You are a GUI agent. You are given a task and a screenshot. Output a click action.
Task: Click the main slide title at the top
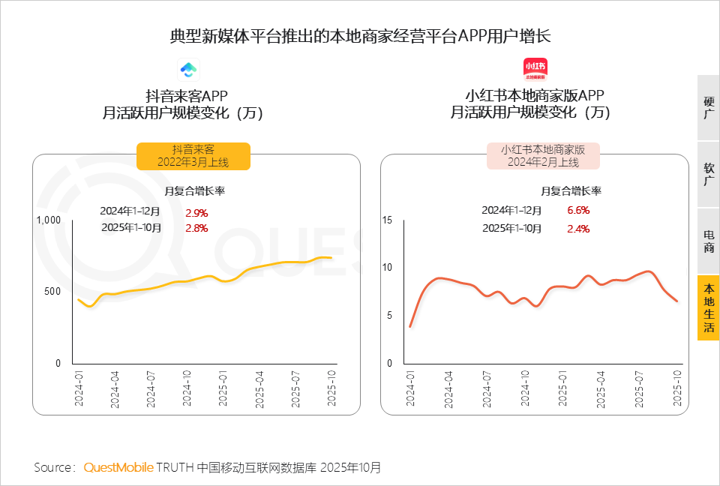point(360,35)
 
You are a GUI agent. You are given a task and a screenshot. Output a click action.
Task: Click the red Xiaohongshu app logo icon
point(534,70)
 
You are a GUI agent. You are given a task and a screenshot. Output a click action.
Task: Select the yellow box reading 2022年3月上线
point(193,156)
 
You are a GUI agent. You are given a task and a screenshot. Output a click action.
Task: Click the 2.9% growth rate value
point(196,212)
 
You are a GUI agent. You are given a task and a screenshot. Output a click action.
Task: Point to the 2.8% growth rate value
point(196,228)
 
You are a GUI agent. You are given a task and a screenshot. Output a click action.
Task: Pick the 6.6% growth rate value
point(578,210)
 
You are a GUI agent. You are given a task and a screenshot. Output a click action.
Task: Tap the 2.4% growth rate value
point(578,228)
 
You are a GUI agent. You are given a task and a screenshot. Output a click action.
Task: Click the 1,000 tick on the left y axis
point(48,220)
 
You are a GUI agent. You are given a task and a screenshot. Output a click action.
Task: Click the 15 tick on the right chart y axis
point(387,220)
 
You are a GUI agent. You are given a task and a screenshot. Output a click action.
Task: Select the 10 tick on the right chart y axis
point(387,268)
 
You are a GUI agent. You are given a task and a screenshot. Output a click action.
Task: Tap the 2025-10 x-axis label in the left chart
point(331,388)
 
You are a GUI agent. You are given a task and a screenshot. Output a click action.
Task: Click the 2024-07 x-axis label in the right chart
point(486,388)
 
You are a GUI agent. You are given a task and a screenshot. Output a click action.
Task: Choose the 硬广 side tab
point(708,107)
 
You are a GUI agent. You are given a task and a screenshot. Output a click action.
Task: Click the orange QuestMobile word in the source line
point(118,467)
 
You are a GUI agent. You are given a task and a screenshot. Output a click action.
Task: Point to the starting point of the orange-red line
point(410,326)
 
